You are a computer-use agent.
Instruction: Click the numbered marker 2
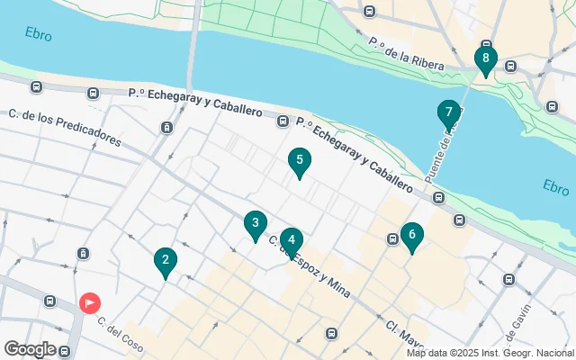click(165, 262)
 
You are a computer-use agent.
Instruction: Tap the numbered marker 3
click(256, 223)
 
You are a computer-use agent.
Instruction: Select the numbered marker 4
click(291, 240)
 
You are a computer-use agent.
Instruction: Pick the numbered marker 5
click(300, 161)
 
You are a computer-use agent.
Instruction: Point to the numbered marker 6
click(411, 236)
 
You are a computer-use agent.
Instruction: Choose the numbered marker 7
click(448, 113)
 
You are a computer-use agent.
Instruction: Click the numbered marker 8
click(486, 60)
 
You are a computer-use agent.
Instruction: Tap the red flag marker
click(90, 302)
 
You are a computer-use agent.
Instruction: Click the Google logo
click(30, 349)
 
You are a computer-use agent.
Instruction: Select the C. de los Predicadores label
click(64, 127)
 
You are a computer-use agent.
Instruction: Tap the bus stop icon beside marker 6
click(393, 239)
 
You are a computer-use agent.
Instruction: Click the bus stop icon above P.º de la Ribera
click(369, 11)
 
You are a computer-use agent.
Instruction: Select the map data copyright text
click(490, 353)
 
